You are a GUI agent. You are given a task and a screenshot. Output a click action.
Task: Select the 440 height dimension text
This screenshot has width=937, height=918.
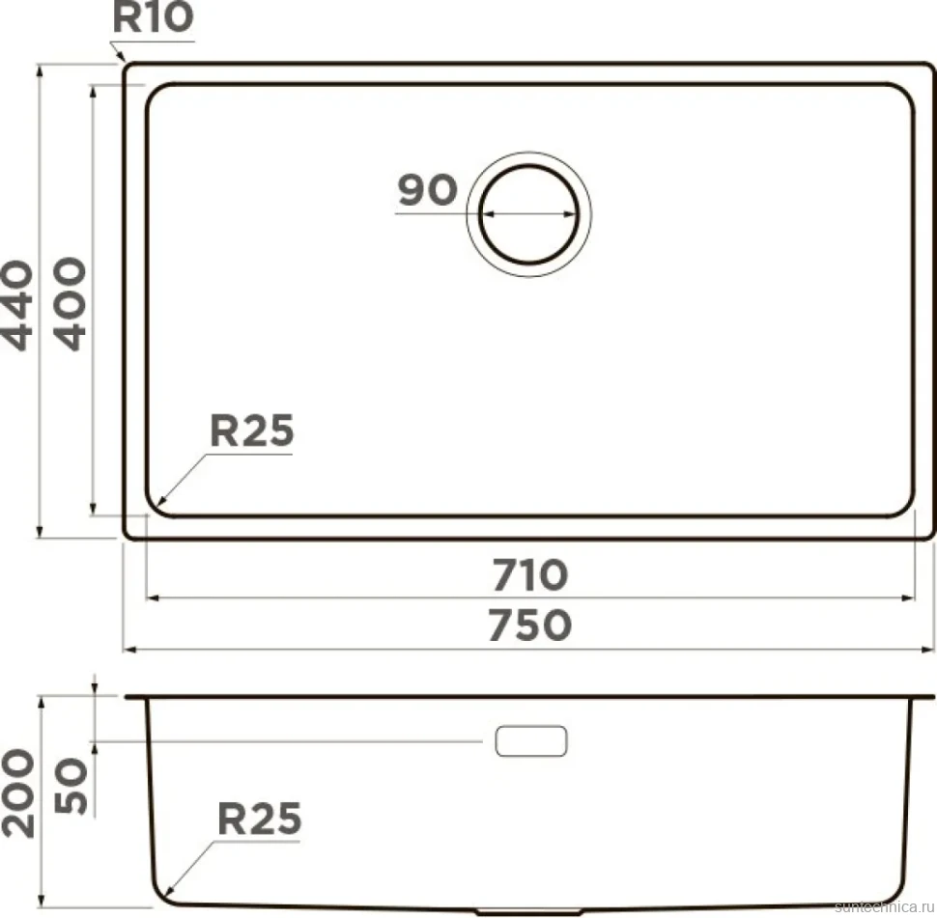(17, 305)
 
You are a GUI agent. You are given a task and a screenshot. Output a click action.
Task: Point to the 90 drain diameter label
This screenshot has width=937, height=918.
(427, 190)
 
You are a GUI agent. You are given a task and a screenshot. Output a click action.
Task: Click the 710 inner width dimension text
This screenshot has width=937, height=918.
(530, 575)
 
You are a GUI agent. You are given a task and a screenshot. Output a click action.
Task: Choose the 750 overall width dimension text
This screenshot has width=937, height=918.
(530, 626)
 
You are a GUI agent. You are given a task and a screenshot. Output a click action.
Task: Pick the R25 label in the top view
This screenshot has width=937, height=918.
(251, 431)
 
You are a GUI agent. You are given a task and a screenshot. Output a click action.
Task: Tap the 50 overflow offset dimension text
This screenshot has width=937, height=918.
(71, 786)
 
